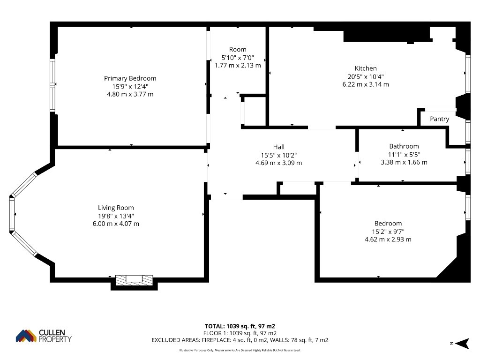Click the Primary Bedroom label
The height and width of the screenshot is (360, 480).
point(130,78)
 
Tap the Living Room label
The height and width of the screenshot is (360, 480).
point(116,208)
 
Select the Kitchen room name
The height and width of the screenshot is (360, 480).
point(366,68)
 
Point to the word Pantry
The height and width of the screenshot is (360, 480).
point(439,119)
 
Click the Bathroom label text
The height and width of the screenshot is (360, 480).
point(404,146)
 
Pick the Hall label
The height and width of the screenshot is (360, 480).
point(278,147)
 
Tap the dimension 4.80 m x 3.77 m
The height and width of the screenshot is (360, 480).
point(130,94)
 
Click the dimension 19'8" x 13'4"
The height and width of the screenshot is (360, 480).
point(116,216)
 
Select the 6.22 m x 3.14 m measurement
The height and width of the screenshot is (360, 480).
point(366,84)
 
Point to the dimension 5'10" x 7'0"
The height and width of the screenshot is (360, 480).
point(238,58)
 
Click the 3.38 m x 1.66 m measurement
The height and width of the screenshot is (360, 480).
point(404,162)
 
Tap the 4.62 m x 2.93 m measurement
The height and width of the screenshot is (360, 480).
point(388,240)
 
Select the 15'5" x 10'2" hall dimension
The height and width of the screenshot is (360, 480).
point(278,155)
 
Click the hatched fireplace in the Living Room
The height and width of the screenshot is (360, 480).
point(134,280)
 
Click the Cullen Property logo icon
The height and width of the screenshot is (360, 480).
point(26,336)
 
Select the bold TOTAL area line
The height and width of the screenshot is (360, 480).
point(240,326)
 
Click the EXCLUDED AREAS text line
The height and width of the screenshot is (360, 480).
point(240,340)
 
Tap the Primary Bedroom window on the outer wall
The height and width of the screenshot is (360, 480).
point(52,85)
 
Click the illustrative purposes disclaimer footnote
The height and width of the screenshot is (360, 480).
point(240,350)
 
